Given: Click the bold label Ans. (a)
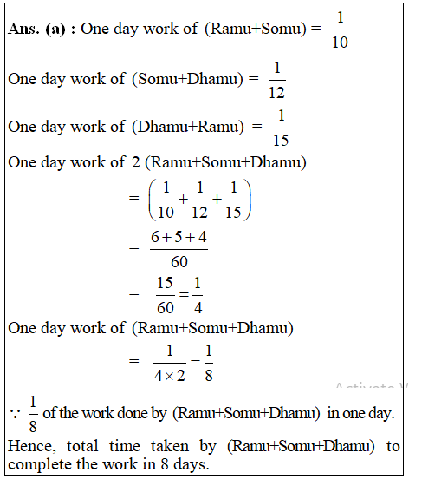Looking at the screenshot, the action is [x=40, y=29].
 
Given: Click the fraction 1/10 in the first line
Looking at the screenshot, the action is [x=340, y=30].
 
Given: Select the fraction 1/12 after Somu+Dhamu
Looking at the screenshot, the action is [x=277, y=79].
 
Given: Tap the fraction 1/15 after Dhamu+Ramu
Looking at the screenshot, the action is [x=281, y=127].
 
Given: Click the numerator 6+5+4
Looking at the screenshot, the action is [x=178, y=235].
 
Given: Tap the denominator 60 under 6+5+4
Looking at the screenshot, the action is [x=178, y=261].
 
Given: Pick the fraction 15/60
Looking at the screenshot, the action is [x=165, y=294].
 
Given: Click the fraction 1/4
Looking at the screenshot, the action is [x=197, y=294].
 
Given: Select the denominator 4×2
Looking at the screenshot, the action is [x=169, y=376].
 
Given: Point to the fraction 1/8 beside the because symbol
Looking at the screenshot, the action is [x=34, y=413].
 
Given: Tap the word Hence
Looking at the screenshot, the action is [x=29, y=446].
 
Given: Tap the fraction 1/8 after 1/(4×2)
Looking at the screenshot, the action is [x=208, y=362].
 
